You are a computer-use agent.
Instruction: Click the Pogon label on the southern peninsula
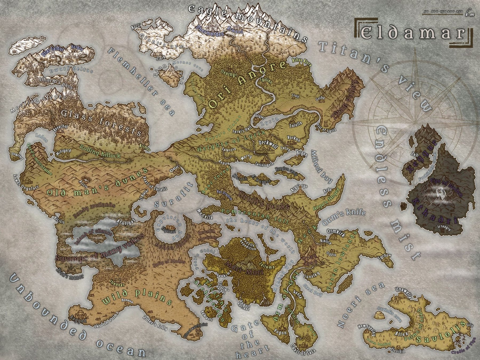(280, 333)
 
